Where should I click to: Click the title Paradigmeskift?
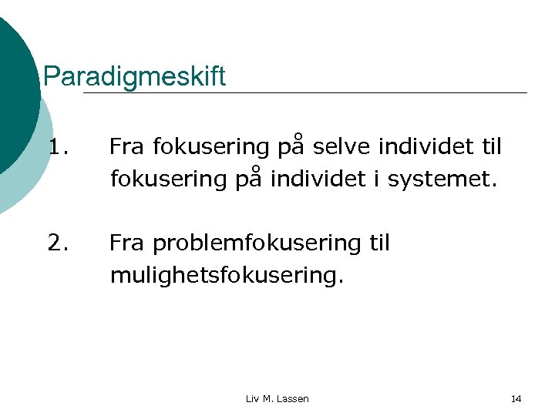pyautogui.click(x=135, y=76)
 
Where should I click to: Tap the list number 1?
pyautogui.click(x=58, y=146)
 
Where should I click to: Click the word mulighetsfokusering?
pyautogui.click(x=224, y=276)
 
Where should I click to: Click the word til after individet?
pyautogui.click(x=488, y=146)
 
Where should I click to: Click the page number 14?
pyautogui.click(x=516, y=398)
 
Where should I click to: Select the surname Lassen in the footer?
pyautogui.click(x=292, y=398)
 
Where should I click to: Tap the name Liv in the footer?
pyautogui.click(x=252, y=398)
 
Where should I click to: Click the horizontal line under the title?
pyautogui.click(x=308, y=93)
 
